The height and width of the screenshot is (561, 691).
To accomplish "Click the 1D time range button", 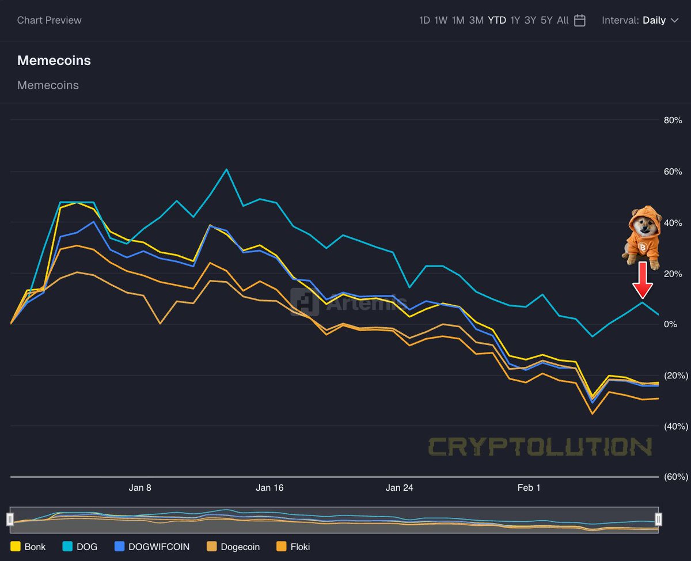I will point(424,20).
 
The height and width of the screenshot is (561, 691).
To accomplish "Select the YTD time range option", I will point(497,20).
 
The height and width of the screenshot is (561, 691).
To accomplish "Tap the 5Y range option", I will point(546,20).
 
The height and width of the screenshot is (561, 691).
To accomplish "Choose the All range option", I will point(563,20).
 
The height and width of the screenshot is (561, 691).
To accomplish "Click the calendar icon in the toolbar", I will point(580,20).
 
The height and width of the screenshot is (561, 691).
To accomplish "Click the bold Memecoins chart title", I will point(54,60).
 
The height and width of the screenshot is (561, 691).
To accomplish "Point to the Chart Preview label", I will point(50,20).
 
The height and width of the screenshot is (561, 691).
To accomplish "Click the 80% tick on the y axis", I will point(673,120).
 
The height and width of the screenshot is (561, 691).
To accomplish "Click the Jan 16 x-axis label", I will point(269,488).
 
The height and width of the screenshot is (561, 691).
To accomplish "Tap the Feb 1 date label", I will point(529,488).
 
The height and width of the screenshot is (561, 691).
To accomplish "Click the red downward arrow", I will point(642,280).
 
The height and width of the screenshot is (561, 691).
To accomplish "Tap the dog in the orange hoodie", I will point(641,236).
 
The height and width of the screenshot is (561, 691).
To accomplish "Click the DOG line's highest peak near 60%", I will point(227,169).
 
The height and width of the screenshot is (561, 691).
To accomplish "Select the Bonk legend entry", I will point(28,547).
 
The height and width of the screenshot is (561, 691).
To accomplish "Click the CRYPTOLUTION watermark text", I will point(540,446).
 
